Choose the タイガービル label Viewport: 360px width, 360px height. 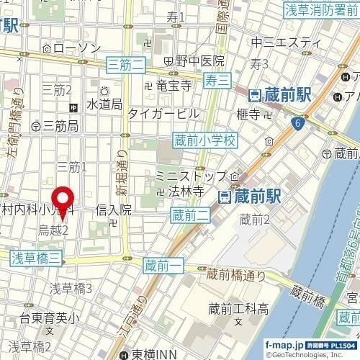click(163, 113)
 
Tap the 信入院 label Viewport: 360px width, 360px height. click(113, 210)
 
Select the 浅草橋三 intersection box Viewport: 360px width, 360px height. click(37, 256)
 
